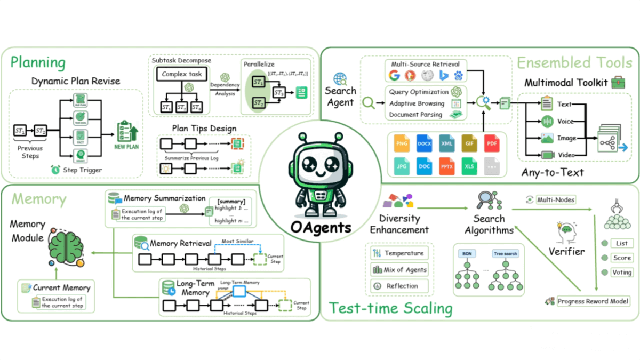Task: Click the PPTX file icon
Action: pos(447,166)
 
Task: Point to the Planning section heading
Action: pos(38,62)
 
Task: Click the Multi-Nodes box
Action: pos(555,199)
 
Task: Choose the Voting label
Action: pos(622,272)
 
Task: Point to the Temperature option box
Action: pos(399,253)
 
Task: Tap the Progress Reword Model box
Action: pos(593,301)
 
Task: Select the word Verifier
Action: pos(566,251)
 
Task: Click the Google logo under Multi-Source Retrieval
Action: pos(395,75)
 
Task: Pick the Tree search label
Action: pos(505,253)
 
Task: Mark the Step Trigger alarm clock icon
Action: pos(55,170)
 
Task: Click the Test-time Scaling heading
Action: pos(391,308)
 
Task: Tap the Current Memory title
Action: pos(61,287)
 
